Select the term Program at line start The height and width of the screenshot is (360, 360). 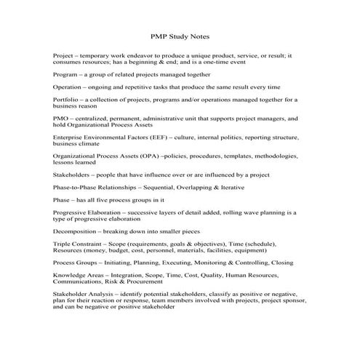(x=65, y=74)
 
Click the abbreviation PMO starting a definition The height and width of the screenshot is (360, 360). (x=61, y=117)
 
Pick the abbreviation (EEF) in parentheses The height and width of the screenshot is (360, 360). (x=156, y=136)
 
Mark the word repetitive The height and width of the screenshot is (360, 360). (x=137, y=87)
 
